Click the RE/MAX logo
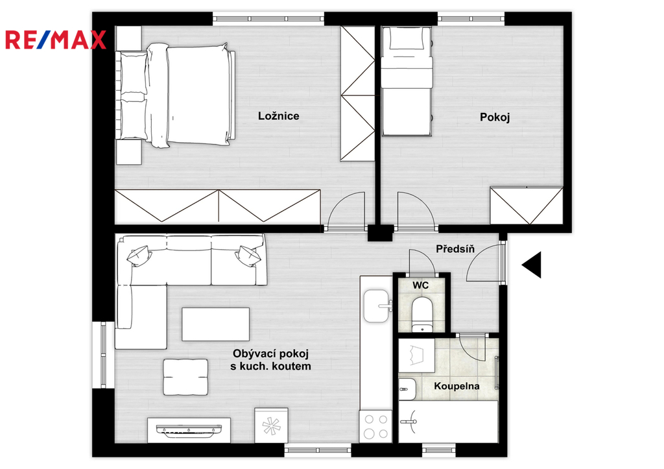56,40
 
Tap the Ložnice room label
279,115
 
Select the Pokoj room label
495,117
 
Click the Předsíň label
455,248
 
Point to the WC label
420,285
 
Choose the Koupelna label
457,387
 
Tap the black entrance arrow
532,265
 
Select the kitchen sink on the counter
377,306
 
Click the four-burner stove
376,426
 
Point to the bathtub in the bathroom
448,422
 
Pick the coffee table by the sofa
215,324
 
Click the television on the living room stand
189,429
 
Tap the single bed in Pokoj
407,81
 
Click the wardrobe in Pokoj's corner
527,206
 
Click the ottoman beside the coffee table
185,377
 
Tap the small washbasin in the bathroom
407,389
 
